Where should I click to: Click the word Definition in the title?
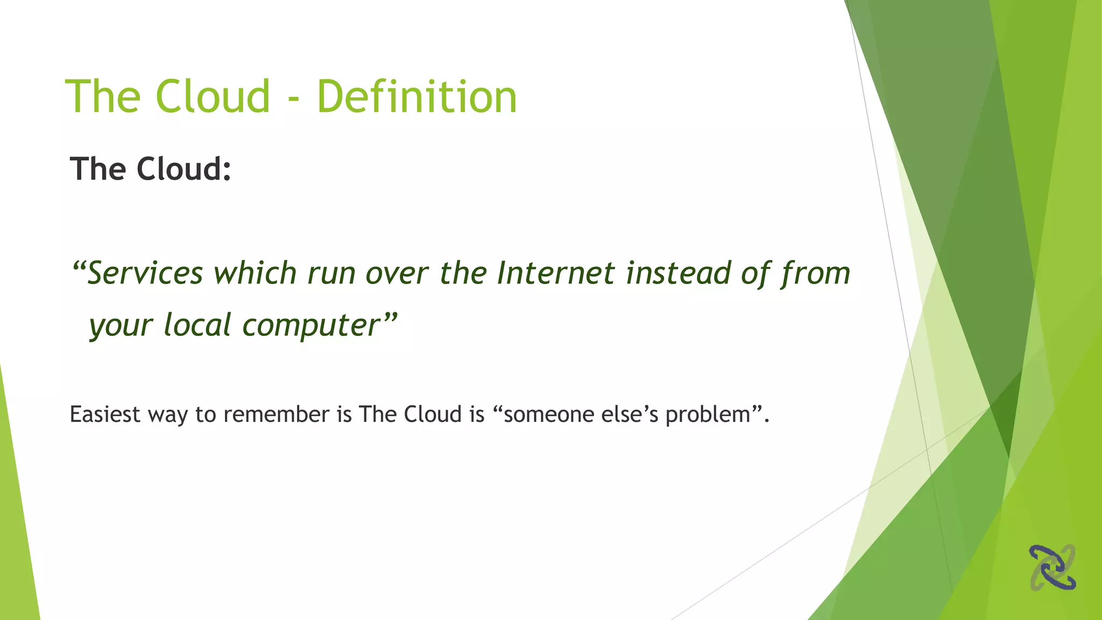(x=417, y=97)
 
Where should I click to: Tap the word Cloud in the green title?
(x=213, y=97)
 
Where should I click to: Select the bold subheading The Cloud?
(x=151, y=169)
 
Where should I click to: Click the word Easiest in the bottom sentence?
(x=105, y=415)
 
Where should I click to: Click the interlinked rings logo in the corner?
(x=1052, y=567)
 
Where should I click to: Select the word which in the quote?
(x=255, y=273)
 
